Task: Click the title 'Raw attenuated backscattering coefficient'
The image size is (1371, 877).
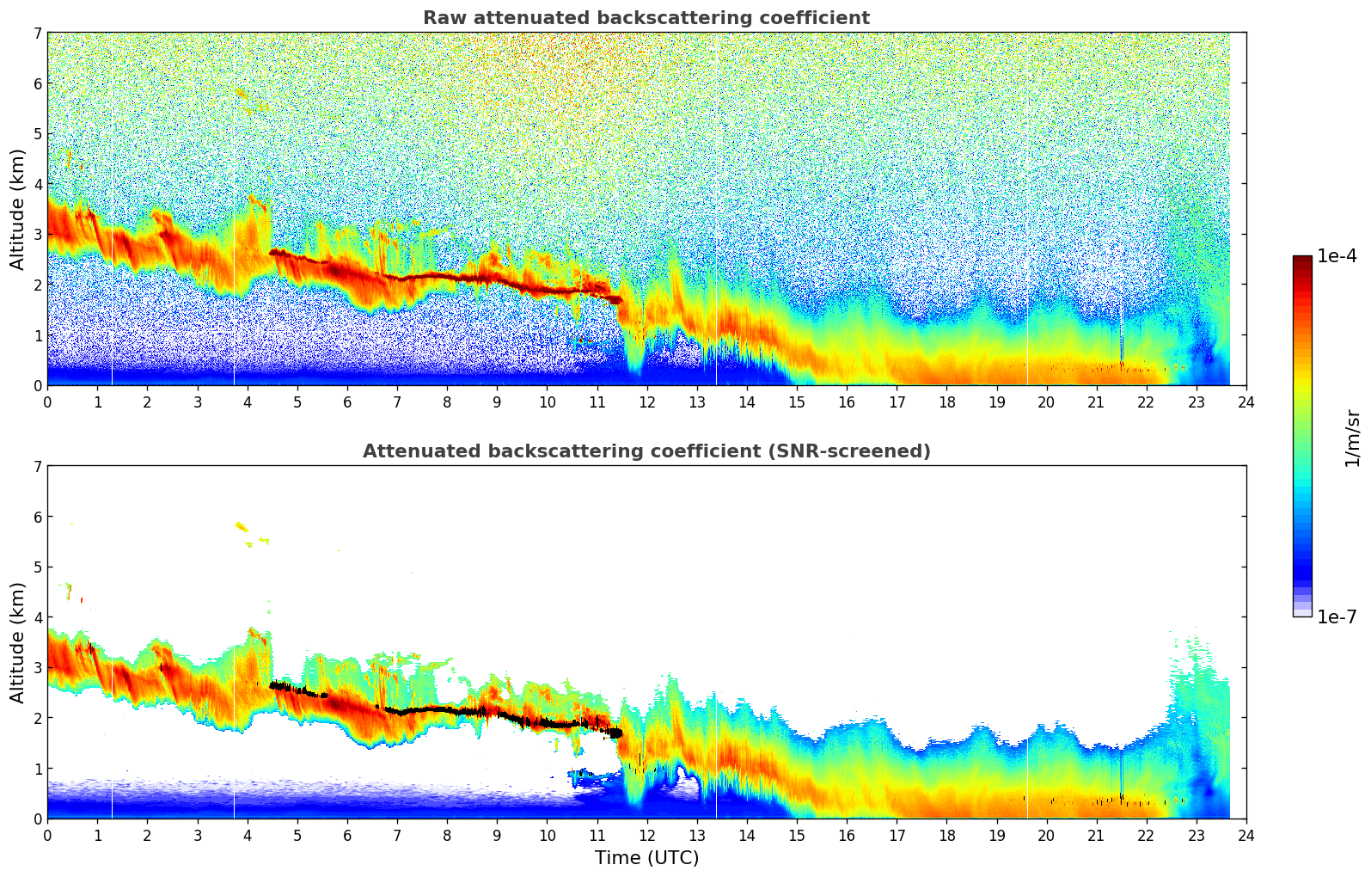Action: click(646, 18)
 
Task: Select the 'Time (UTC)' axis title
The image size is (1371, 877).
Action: click(646, 857)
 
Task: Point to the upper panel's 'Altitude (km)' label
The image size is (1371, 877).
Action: click(17, 209)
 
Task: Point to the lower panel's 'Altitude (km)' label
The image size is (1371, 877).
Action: click(17, 642)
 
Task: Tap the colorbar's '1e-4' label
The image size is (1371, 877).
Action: click(1337, 256)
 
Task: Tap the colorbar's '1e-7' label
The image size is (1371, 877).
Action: click(1337, 616)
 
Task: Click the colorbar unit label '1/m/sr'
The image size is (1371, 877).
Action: click(1351, 438)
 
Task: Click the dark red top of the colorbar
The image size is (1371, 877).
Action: click(1301, 260)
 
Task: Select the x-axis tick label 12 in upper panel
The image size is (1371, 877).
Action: click(646, 402)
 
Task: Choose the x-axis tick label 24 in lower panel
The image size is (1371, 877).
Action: click(1246, 836)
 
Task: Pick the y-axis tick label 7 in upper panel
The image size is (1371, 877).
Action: click(37, 34)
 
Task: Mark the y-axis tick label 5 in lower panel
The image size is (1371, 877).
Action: click(37, 567)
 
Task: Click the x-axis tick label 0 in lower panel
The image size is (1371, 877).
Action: click(47, 836)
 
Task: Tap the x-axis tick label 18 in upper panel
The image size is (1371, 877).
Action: click(946, 402)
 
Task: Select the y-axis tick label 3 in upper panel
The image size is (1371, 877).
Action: click(37, 235)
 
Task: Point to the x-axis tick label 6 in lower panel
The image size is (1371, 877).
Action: click(347, 836)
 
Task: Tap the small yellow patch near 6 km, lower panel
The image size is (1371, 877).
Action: click(242, 526)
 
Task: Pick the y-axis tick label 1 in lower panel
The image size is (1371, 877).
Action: click(37, 769)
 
